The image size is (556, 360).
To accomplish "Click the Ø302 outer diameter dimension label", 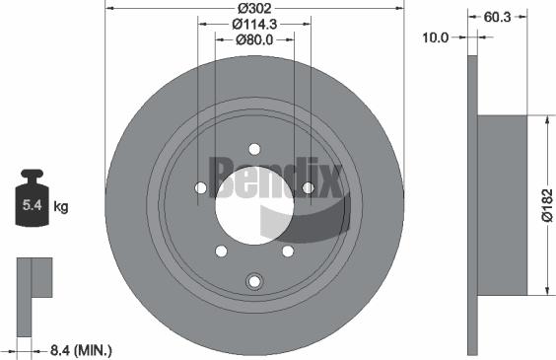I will [x=254, y=7].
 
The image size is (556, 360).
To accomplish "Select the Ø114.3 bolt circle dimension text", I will [x=254, y=24].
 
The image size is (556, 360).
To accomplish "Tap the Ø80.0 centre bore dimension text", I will [x=254, y=40].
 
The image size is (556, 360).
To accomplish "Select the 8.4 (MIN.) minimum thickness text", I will [x=80, y=349].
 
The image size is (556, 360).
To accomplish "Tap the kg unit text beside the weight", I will [x=60, y=207].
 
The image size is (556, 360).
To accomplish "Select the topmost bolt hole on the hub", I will [x=254, y=150].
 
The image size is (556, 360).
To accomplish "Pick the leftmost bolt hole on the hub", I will [x=201, y=188].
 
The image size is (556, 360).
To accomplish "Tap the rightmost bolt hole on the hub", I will [x=308, y=188].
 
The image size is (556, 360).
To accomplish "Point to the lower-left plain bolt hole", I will [x=222, y=252].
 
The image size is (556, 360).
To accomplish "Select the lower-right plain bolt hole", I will [x=287, y=252].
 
